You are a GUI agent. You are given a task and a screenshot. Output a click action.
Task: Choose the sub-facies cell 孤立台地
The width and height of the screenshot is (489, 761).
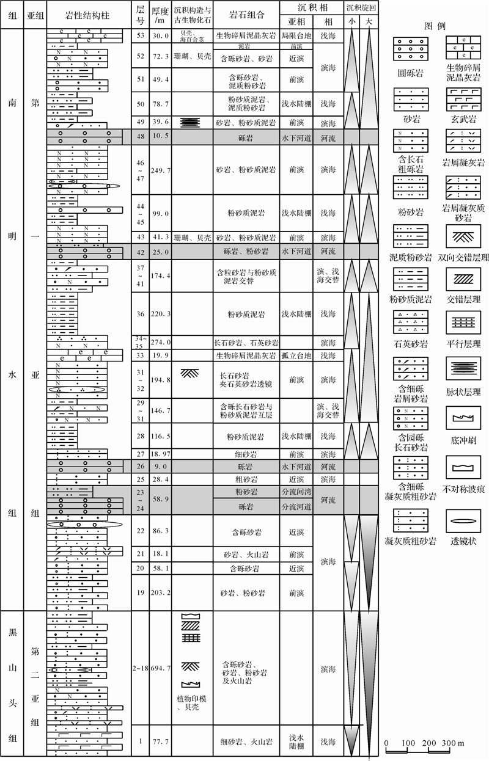tap(296, 355)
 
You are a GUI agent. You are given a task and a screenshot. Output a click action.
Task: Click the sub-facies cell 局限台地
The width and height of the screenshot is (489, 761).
tap(296, 35)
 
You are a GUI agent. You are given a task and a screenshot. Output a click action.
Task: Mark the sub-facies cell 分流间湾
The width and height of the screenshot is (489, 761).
tap(296, 491)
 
